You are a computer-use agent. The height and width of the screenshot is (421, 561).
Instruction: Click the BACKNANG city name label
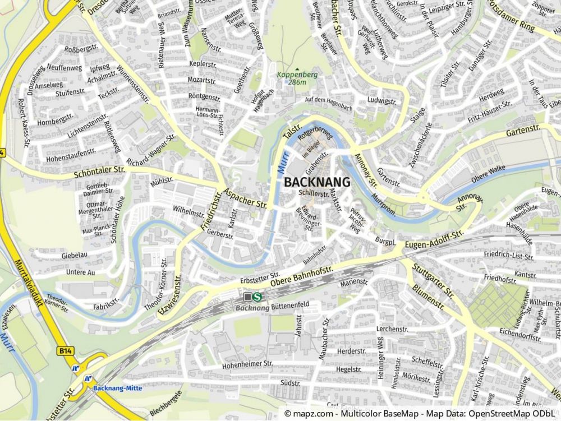317,182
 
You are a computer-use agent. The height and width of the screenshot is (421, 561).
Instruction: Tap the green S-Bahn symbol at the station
257,297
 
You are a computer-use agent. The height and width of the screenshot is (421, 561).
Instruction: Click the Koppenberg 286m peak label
297,78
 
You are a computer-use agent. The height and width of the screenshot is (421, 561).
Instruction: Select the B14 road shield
65,350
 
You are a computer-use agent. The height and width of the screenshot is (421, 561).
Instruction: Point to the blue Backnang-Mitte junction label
117,388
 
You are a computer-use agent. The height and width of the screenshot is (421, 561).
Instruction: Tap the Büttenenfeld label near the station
290,306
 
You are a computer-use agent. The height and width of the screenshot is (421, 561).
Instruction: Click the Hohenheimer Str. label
247,364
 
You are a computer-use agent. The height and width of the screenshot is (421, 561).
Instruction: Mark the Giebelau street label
75,255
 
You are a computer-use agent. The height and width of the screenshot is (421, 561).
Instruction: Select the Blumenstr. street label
428,297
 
